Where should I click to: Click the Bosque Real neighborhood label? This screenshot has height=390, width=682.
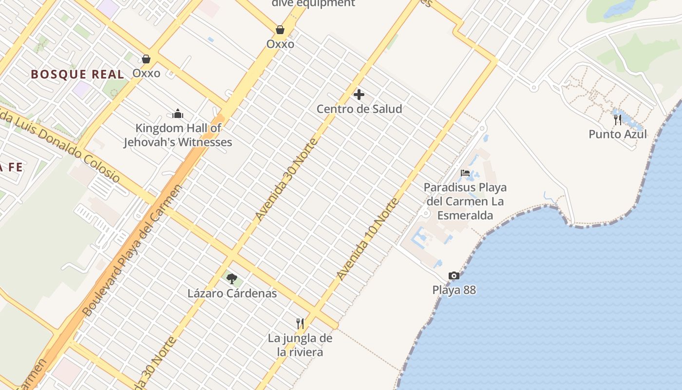[77, 75]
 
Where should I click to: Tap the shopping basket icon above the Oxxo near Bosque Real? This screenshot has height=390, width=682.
[146, 59]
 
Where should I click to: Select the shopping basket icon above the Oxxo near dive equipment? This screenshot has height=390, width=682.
[280, 30]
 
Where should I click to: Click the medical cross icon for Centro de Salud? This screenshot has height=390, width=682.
[359, 94]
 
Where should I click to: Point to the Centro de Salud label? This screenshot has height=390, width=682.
[359, 109]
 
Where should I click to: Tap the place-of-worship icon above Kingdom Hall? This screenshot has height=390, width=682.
[178, 114]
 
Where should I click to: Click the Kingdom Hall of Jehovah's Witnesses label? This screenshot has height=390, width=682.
[178, 135]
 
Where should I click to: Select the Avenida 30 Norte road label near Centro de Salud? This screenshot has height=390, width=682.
[286, 179]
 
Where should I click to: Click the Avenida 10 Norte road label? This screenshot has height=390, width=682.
[368, 239]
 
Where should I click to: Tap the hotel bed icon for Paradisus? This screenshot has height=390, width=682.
[465, 173]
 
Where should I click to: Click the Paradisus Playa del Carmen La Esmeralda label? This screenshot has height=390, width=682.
[465, 201]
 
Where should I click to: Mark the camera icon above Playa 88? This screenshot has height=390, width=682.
[454, 276]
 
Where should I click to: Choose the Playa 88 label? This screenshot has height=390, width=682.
[454, 290]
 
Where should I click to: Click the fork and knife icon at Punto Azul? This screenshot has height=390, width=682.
[618, 119]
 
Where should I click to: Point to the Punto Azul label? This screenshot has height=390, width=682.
[618, 134]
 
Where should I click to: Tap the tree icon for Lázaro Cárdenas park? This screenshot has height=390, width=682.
[232, 279]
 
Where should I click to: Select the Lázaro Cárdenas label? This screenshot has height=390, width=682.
[232, 293]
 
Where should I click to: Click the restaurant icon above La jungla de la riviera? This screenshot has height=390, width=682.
[300, 323]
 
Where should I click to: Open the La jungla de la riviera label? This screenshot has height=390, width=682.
[300, 345]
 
